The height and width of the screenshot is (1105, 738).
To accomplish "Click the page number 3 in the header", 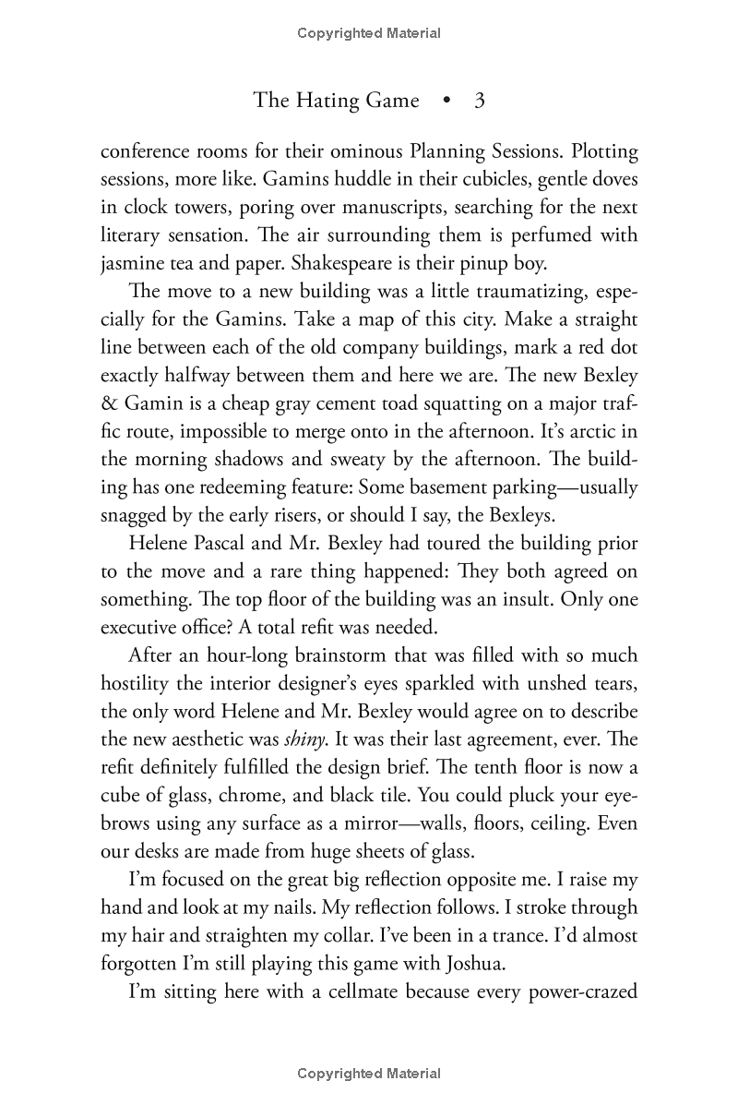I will (x=479, y=101).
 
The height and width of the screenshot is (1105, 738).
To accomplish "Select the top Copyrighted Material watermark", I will (x=369, y=33).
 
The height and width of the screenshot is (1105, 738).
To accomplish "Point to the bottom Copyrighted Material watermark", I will (x=369, y=1074).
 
